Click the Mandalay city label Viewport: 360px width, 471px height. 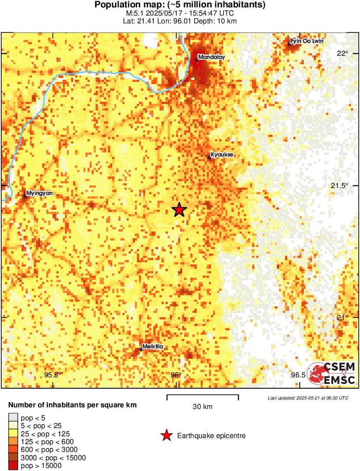212,57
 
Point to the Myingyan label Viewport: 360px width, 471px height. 39,193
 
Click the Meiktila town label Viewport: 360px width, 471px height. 152,347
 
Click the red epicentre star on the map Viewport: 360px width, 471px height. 179,210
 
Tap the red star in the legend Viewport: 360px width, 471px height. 165,436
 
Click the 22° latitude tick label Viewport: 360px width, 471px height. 343,54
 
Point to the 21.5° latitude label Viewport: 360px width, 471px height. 340,186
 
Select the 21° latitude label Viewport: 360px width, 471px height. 343,318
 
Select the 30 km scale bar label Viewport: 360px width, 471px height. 203,407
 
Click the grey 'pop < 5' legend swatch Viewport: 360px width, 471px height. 13,418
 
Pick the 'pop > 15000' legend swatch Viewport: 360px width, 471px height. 13,465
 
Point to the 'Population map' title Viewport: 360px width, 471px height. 180,5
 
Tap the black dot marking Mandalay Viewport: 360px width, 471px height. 197,60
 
